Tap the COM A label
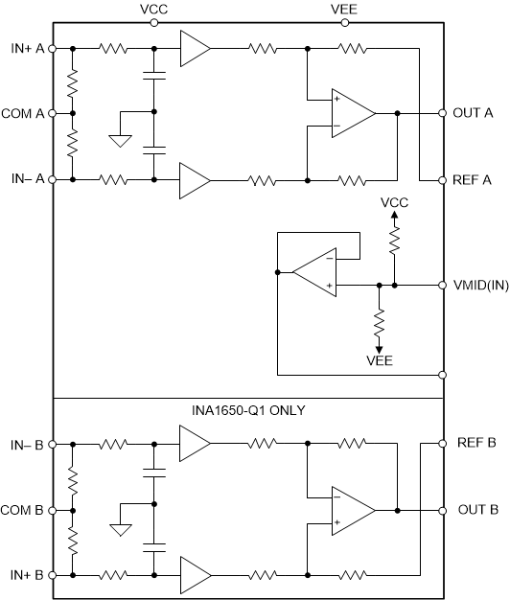point(23,113)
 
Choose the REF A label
point(473,179)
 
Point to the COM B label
point(23,510)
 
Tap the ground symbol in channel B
point(120,530)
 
